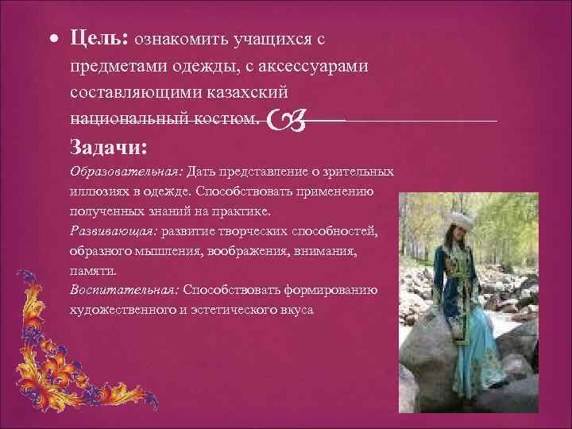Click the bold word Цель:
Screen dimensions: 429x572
[99, 38]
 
